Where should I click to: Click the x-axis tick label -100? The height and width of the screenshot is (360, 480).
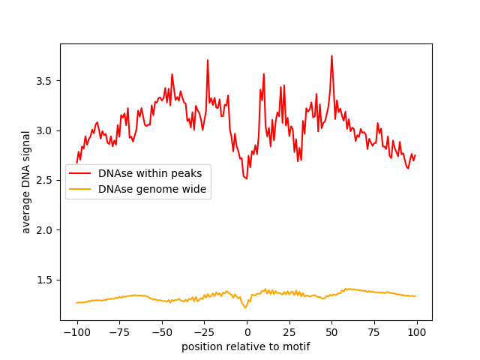pos(76,332)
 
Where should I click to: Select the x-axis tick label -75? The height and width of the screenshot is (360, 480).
pos(118,332)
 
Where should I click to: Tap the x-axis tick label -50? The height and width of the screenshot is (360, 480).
pos(161,332)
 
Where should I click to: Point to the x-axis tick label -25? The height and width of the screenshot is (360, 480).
pos(204,332)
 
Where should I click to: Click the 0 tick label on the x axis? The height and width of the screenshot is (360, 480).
pos(247,332)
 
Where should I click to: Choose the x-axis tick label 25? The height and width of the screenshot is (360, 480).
pos(289,332)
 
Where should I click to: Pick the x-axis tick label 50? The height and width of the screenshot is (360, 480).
pos(331,332)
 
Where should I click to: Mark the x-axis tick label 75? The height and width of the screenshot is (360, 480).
pos(374,332)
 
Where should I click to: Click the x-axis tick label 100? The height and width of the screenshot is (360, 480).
pos(417,332)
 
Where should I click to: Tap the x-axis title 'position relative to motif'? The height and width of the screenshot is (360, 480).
pos(246,346)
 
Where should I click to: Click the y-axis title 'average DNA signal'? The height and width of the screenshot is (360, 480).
pos(26,181)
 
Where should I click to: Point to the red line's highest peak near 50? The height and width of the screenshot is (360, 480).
pos(331,55)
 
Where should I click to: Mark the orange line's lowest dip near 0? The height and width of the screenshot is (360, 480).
pos(245,307)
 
